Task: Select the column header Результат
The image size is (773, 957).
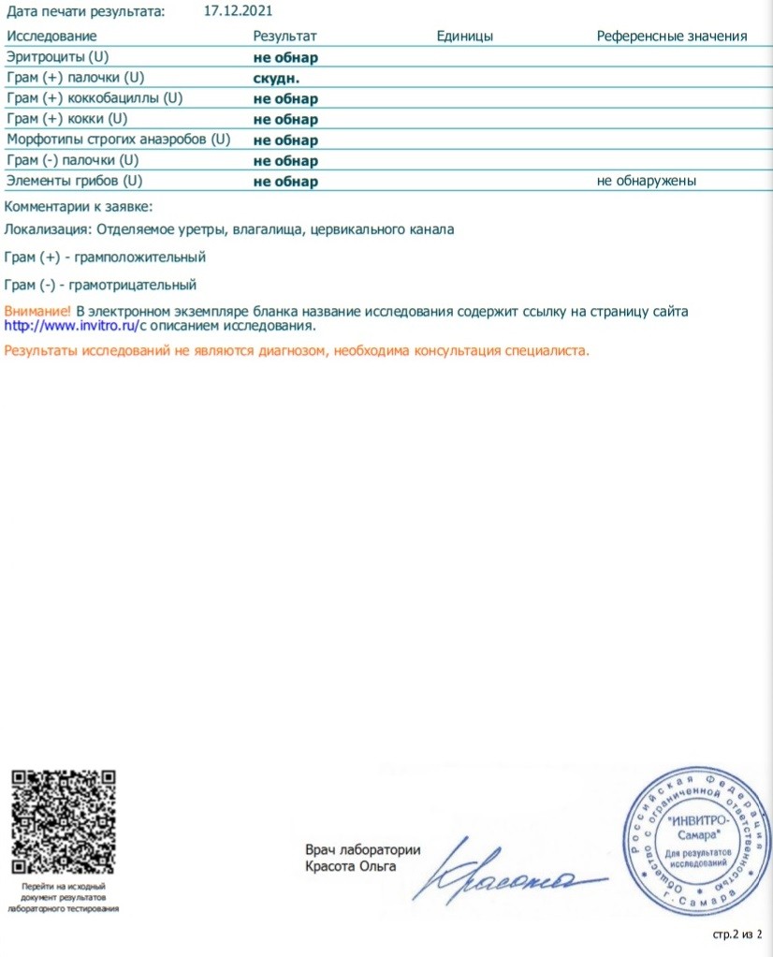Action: tap(285, 37)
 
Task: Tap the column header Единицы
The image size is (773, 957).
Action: tap(465, 37)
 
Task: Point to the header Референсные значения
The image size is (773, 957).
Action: tap(672, 37)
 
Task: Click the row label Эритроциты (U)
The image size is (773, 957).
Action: tap(57, 57)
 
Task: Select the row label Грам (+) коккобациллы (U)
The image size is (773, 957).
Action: tap(95, 98)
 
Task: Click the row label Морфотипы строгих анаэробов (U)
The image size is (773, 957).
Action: tap(118, 140)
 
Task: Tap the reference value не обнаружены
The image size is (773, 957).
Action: tap(648, 181)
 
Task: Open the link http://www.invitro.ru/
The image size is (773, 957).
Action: tap(72, 326)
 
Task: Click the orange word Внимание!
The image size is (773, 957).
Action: tap(37, 310)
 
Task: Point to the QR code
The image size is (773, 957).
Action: tap(63, 821)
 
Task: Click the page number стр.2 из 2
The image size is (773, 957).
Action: tap(738, 935)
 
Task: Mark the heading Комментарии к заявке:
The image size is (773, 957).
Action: tap(79, 207)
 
